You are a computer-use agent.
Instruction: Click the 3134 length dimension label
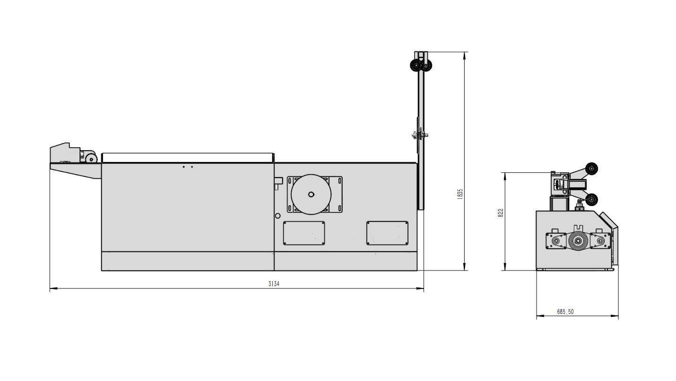coord(274,284)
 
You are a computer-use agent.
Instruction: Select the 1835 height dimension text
coord(460,194)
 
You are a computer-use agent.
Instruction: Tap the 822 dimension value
coord(500,213)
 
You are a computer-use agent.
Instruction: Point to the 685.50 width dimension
coord(565,312)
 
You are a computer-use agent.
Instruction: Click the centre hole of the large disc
coord(311,195)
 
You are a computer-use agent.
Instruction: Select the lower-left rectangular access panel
coord(304,233)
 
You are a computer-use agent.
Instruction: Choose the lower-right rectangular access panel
coord(387,233)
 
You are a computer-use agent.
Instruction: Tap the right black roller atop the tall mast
coord(427,66)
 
